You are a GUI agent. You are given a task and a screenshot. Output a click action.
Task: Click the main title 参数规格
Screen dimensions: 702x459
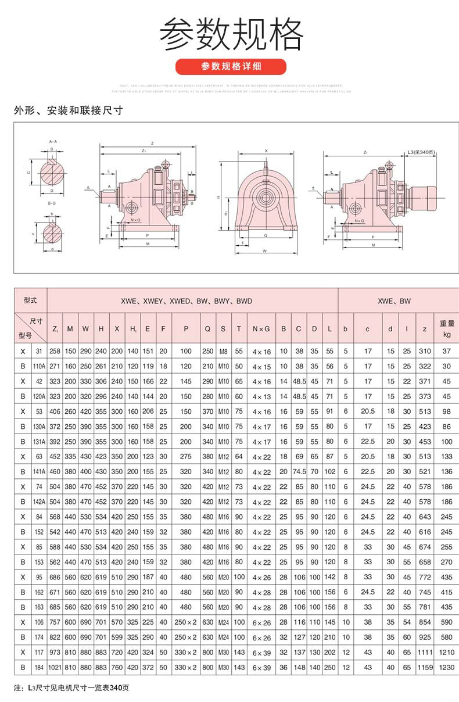pyautogui.click(x=231, y=34)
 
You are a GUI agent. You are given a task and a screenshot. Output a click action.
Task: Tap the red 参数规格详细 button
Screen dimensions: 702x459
pyautogui.click(x=231, y=66)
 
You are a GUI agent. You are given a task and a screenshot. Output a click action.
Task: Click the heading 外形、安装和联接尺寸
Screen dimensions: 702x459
pyautogui.click(x=69, y=110)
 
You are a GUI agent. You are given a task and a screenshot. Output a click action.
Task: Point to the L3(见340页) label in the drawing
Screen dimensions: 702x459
pyautogui.click(x=421, y=152)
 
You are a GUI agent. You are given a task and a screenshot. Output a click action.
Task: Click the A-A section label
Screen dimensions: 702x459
pyautogui.click(x=52, y=141)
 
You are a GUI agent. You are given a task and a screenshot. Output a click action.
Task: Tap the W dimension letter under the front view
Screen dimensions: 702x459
pyautogui.click(x=264, y=251)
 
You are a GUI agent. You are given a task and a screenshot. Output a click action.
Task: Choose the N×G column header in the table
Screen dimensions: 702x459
pyautogui.click(x=261, y=329)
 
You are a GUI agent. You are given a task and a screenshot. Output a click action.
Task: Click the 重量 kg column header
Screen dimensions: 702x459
pyautogui.click(x=447, y=329)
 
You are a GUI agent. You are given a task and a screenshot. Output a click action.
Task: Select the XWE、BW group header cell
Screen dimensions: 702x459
pyautogui.click(x=394, y=301)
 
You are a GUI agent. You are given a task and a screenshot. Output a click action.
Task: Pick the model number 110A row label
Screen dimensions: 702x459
pyautogui.click(x=38, y=367)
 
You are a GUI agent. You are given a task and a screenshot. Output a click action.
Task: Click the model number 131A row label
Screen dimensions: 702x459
pyautogui.click(x=38, y=442)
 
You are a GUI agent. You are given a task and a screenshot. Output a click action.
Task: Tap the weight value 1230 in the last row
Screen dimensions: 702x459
pyautogui.click(x=447, y=668)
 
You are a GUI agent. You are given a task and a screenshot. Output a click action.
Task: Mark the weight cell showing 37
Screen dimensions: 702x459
pyautogui.click(x=447, y=352)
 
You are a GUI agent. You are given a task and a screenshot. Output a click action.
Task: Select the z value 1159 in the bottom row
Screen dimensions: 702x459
pyautogui.click(x=425, y=668)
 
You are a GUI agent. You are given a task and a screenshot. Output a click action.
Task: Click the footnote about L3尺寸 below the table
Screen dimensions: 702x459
pyautogui.click(x=71, y=688)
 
